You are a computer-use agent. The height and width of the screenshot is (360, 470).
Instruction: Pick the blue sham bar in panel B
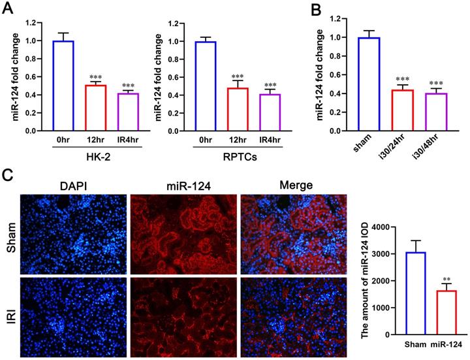coord(355,84)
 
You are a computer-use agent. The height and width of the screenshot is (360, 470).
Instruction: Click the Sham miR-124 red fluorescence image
coord(182,235)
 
